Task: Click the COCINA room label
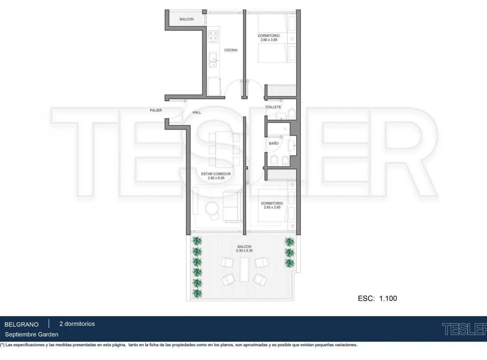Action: [231, 50]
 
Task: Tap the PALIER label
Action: [156, 110]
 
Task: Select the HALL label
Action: [197, 112]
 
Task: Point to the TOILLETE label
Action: [273, 107]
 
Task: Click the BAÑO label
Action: [274, 143]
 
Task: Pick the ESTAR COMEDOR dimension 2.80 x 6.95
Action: [216, 178]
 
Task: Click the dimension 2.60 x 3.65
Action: [269, 40]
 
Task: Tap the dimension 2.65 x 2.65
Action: [272, 207]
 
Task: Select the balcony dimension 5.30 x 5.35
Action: [244, 251]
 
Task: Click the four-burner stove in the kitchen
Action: [214, 36]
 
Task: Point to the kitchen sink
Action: [213, 60]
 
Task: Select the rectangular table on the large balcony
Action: [244, 270]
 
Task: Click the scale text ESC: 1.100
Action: [377, 298]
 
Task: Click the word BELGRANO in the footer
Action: [22, 324]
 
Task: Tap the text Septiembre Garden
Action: [32, 335]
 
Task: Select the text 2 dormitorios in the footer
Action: [77, 324]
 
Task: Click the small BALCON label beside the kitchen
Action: [187, 19]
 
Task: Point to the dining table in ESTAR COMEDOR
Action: [224, 149]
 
